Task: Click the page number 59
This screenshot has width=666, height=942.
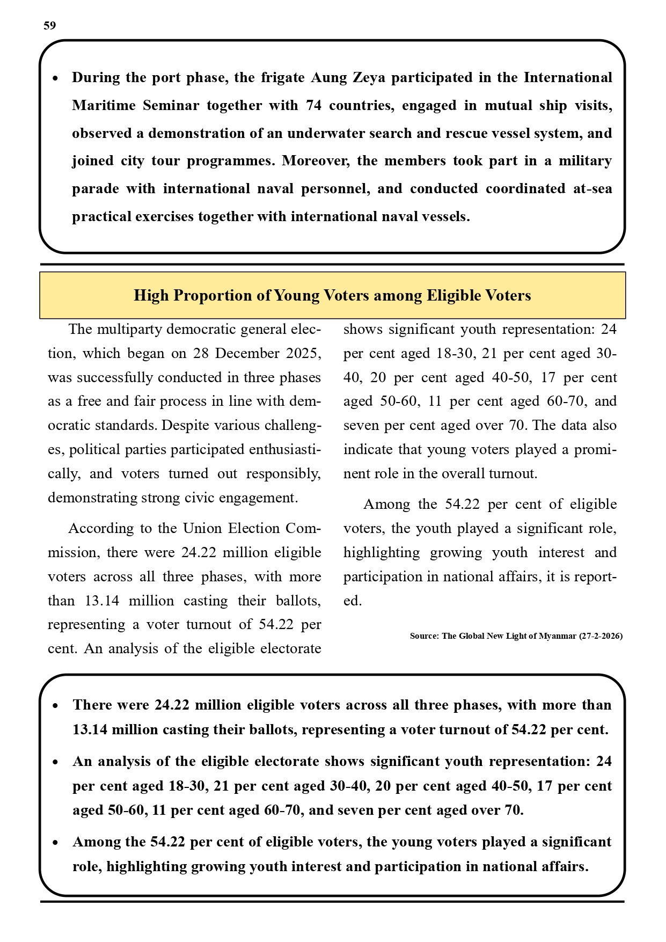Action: [x=49, y=26]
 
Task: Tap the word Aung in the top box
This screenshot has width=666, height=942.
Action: [x=329, y=78]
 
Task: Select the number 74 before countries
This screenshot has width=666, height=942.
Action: [x=313, y=106]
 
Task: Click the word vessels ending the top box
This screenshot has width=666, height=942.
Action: [x=446, y=217]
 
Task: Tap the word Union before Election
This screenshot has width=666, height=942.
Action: [x=203, y=529]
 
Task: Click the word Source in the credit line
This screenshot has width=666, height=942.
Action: [x=423, y=636]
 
